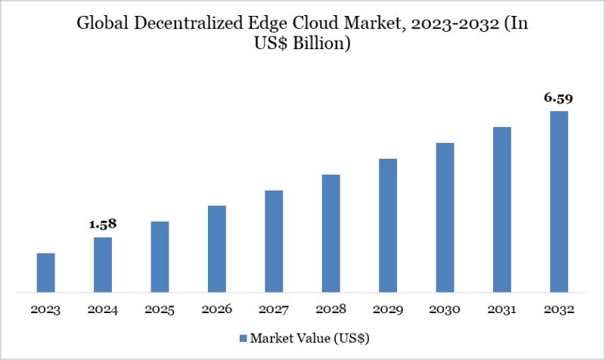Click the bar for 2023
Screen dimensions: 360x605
(x=46, y=272)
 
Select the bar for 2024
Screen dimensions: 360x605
(x=103, y=265)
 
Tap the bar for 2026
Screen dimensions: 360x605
(x=217, y=249)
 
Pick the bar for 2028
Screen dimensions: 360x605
(x=330, y=233)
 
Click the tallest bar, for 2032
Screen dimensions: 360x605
(x=559, y=201)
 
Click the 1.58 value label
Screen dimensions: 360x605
(x=103, y=225)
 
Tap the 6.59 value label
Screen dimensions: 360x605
(x=559, y=98)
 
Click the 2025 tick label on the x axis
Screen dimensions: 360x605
(x=160, y=311)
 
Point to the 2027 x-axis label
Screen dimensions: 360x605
(x=274, y=311)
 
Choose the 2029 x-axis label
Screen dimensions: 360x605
(x=388, y=311)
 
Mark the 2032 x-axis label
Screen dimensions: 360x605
(x=559, y=311)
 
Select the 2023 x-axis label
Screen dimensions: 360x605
(x=46, y=311)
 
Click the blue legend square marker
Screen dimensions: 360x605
(x=244, y=337)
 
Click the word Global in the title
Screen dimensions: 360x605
(x=100, y=24)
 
